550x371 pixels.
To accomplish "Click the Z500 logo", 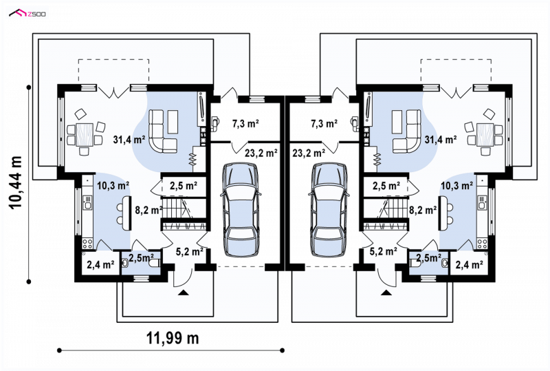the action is (x=27, y=14).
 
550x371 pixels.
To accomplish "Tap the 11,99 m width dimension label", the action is (x=173, y=339).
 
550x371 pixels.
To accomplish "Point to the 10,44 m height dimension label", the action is (x=16, y=183).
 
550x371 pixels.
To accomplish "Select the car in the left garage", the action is (x=241, y=210).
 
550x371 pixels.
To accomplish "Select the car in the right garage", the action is (x=329, y=210).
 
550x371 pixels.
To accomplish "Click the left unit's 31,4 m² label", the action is (x=129, y=140).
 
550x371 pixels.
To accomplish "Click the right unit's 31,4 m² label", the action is (x=441, y=140).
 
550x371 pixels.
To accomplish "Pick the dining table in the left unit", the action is (x=85, y=134).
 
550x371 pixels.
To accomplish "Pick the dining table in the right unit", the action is (x=485, y=134).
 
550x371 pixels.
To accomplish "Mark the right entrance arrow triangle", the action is (x=386, y=293).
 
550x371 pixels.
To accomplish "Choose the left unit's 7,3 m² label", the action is (x=245, y=124).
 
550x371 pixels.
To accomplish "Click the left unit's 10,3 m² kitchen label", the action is (x=113, y=186).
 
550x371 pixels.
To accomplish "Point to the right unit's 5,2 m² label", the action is (x=384, y=251).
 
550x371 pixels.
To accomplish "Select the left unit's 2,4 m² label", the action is (x=100, y=264).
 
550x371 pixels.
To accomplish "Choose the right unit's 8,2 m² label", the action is (x=423, y=210).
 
